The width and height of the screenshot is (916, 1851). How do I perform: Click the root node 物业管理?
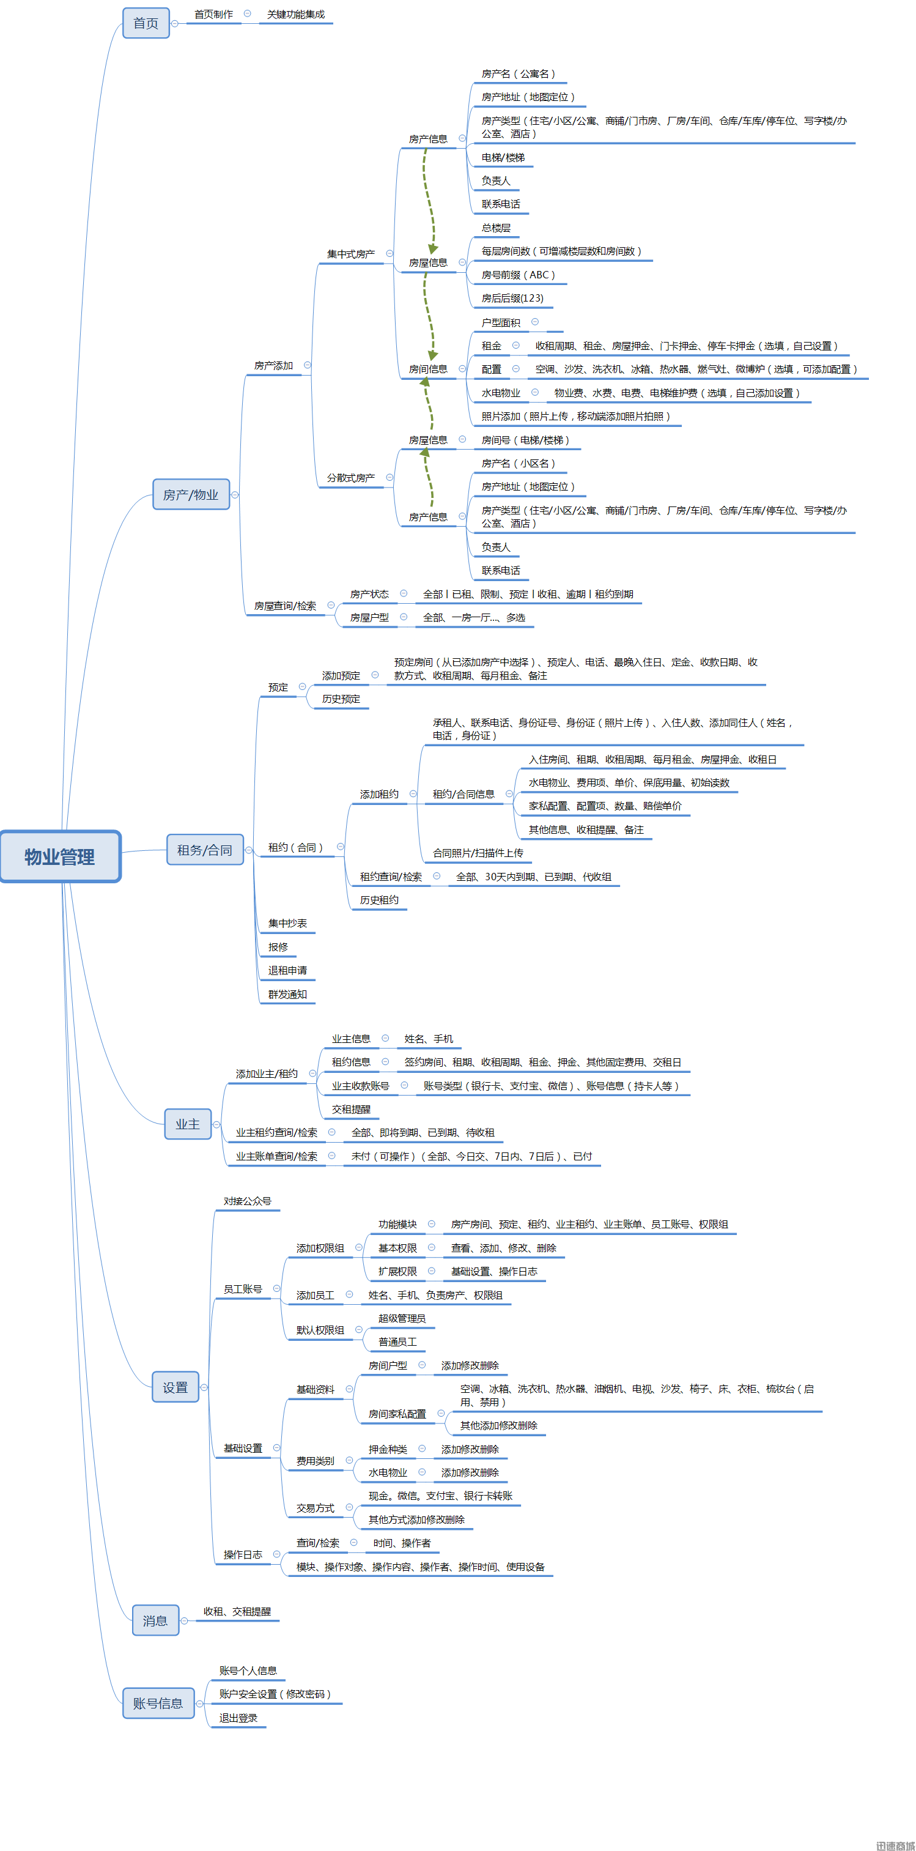(61, 856)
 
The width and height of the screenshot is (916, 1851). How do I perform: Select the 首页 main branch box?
(146, 23)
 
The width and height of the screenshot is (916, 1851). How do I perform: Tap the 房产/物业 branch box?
(191, 494)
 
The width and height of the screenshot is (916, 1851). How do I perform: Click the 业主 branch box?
(188, 1124)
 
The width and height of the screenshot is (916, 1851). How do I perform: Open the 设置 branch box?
(175, 1387)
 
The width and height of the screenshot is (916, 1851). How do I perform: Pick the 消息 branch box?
(155, 1620)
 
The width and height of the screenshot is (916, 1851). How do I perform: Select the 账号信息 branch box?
(158, 1703)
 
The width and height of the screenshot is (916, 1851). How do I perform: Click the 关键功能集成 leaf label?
(296, 14)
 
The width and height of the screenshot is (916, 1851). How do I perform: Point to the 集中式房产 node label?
(350, 254)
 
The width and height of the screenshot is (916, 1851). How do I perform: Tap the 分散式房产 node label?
(350, 477)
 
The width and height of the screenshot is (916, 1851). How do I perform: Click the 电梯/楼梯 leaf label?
(503, 157)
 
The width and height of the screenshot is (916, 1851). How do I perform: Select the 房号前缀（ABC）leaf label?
(518, 275)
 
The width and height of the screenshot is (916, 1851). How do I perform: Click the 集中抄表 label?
(287, 923)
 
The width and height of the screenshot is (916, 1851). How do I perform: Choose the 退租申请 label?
(287, 970)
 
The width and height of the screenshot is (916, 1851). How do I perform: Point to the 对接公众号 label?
(247, 1201)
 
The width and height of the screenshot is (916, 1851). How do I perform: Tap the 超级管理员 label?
(402, 1318)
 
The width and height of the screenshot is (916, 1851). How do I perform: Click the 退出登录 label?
(238, 1718)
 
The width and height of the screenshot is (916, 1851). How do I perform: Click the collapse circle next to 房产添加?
(308, 365)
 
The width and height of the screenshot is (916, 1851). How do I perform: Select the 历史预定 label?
(341, 699)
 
